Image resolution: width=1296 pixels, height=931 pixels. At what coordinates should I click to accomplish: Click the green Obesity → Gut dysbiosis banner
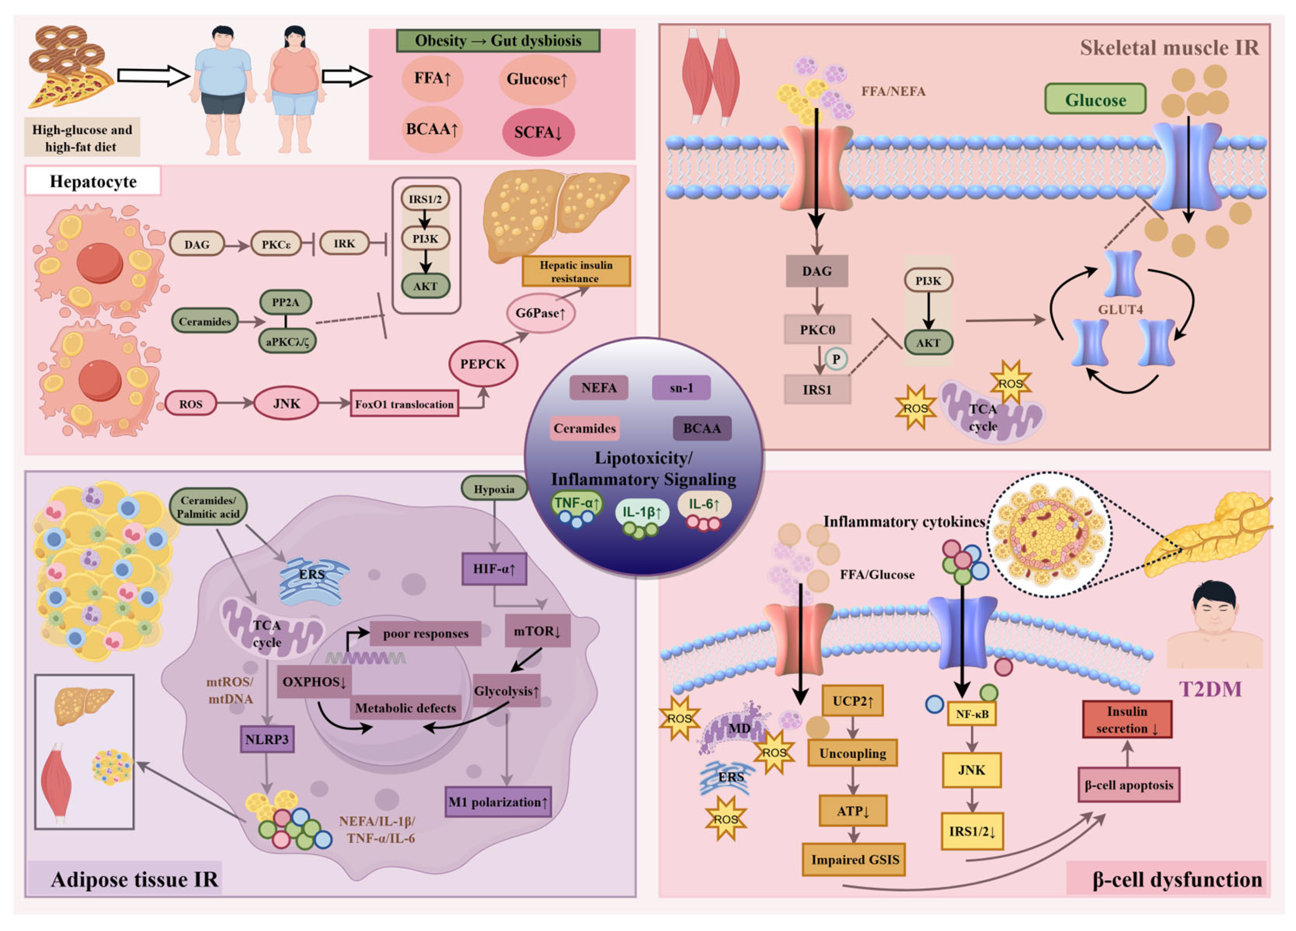498,40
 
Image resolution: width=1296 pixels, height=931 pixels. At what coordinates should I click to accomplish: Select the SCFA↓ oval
538,132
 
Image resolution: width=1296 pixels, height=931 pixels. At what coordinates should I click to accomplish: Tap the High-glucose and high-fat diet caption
82,138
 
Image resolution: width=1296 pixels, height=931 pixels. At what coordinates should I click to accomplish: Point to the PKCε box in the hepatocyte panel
276,244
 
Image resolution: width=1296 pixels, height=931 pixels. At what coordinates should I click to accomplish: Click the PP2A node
286,302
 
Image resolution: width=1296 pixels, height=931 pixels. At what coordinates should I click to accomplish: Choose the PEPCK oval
483,364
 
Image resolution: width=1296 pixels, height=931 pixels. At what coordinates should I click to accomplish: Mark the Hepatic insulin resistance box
576,272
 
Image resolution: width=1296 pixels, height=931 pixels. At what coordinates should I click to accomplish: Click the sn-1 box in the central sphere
681,388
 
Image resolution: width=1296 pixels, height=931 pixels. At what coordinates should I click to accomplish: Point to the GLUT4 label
1120,309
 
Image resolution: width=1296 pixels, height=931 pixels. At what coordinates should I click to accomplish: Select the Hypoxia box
494,489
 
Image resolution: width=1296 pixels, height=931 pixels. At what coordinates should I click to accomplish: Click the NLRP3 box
267,739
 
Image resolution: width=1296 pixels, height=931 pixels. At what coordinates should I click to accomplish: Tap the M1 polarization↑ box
498,802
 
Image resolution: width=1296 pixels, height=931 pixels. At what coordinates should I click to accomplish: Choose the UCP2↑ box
853,701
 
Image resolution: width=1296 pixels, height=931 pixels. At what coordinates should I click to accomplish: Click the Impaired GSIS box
854,860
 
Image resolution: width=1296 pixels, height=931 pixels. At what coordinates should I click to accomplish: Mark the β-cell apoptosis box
1129,785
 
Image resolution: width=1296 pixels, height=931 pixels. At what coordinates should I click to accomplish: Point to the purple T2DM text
1210,690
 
